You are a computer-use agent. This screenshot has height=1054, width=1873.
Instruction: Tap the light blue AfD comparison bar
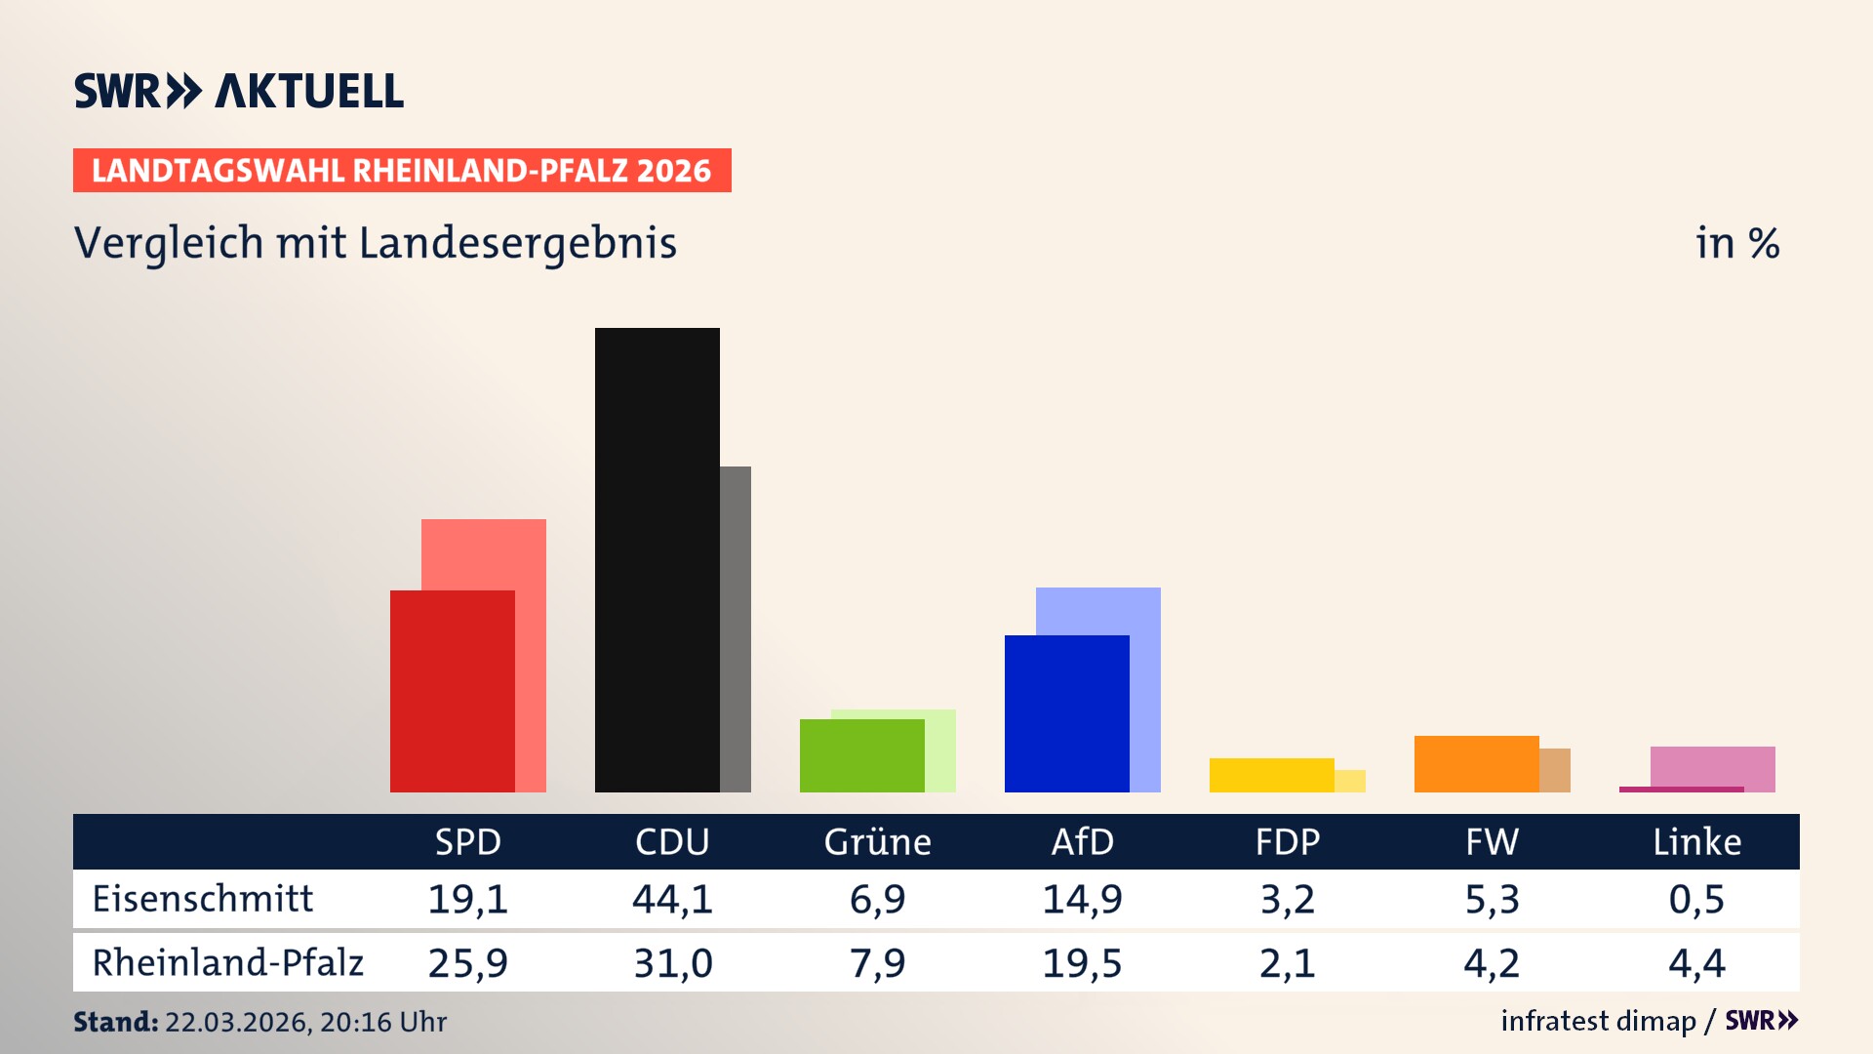tap(1145, 683)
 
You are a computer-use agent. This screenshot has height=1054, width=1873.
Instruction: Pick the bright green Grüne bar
tap(861, 755)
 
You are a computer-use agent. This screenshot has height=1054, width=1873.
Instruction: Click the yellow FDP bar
tap(1271, 775)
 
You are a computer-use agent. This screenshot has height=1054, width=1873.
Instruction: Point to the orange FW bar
tap(1476, 763)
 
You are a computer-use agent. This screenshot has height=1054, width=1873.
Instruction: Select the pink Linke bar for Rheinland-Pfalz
tap(1712, 766)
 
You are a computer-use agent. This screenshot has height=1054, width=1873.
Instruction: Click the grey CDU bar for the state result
tap(736, 629)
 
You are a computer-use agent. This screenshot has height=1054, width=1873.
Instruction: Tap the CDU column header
tap(672, 842)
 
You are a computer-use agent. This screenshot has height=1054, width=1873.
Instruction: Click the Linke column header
tap(1696, 842)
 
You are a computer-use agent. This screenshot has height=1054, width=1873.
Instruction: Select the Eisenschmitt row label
tap(203, 899)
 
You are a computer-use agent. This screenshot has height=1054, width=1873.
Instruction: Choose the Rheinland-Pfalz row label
tap(227, 963)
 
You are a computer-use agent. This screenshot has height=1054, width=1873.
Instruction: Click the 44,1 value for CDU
tap(672, 899)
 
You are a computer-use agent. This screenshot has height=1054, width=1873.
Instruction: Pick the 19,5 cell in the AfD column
tap(1082, 963)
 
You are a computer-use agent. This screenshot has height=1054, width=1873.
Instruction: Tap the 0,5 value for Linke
tap(1696, 899)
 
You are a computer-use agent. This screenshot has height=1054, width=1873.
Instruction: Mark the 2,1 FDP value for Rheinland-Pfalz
tap(1287, 963)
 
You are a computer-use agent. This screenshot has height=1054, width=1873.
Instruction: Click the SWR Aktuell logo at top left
tap(238, 91)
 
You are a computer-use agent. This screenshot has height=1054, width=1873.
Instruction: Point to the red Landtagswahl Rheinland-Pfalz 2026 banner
tap(402, 171)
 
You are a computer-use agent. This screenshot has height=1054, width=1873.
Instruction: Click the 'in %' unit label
tap(1736, 243)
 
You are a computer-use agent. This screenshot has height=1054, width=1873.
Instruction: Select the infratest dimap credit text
tap(1598, 1021)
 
